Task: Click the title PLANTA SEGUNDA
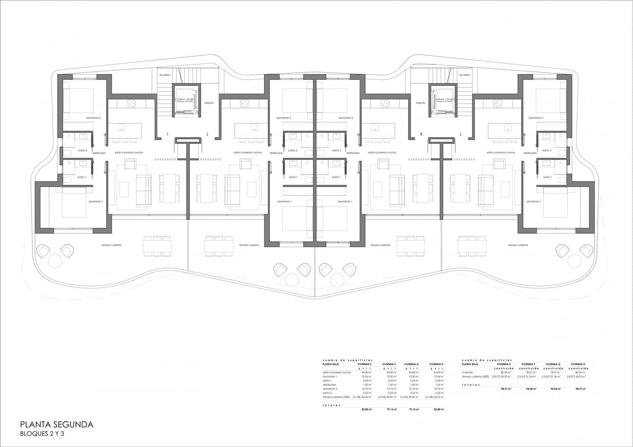[x=57, y=424]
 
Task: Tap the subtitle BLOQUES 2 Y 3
[x=42, y=434]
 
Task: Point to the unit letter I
[x=167, y=134]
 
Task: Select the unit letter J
[x=207, y=134]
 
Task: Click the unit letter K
[x=421, y=134]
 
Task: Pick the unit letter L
[x=461, y=134]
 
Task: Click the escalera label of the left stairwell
[x=165, y=75]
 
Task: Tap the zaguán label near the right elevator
[x=420, y=102]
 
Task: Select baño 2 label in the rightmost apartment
[x=547, y=150]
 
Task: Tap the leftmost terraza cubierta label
[x=111, y=245]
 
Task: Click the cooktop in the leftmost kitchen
[x=131, y=103]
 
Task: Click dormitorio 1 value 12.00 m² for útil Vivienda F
[x=392, y=377]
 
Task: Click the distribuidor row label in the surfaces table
[x=330, y=384]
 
